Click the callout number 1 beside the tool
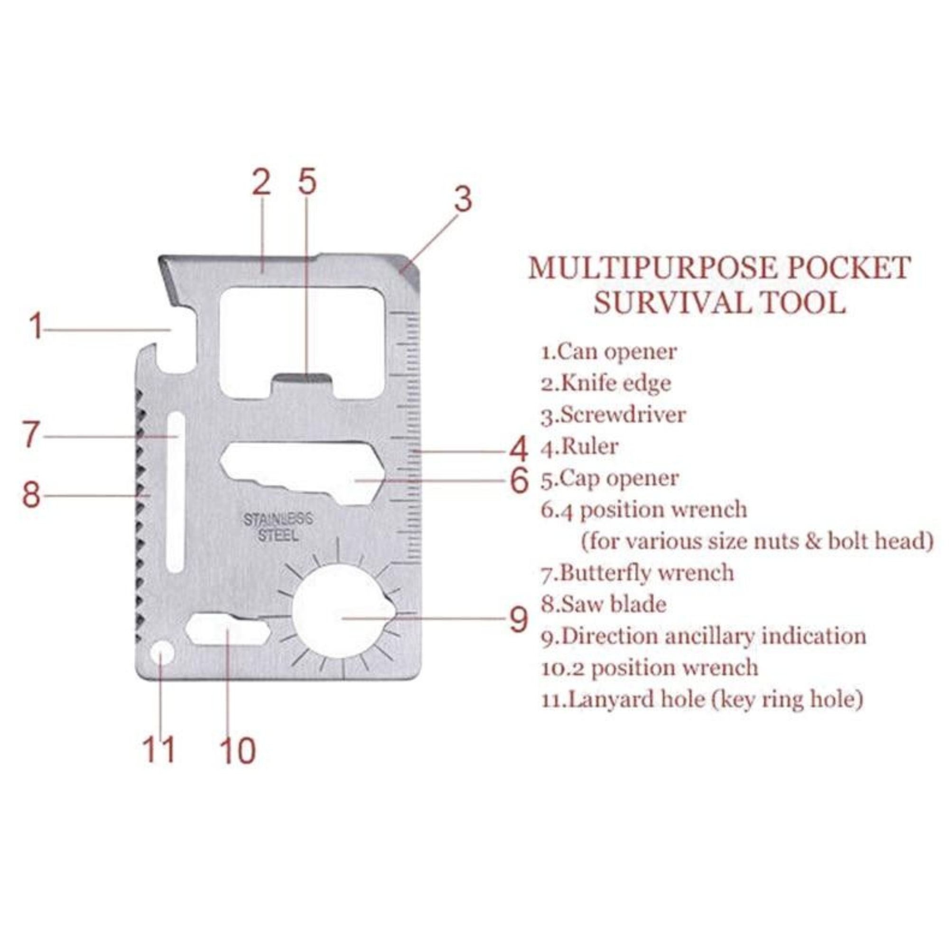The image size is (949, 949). pyautogui.click(x=36, y=326)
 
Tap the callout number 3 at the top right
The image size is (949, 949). pyautogui.click(x=462, y=198)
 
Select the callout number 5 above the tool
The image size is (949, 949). pyautogui.click(x=307, y=181)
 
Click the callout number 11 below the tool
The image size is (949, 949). pyautogui.click(x=158, y=749)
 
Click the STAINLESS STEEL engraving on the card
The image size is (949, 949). pyautogui.click(x=278, y=527)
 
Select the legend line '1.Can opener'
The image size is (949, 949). pyautogui.click(x=609, y=352)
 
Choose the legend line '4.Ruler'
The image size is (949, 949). pyautogui.click(x=580, y=447)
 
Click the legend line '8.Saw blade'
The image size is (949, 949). pyautogui.click(x=604, y=604)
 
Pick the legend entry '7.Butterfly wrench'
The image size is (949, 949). pyautogui.click(x=638, y=573)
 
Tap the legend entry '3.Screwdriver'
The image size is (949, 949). pyautogui.click(x=613, y=415)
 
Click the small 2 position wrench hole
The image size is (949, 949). pyautogui.click(x=227, y=629)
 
